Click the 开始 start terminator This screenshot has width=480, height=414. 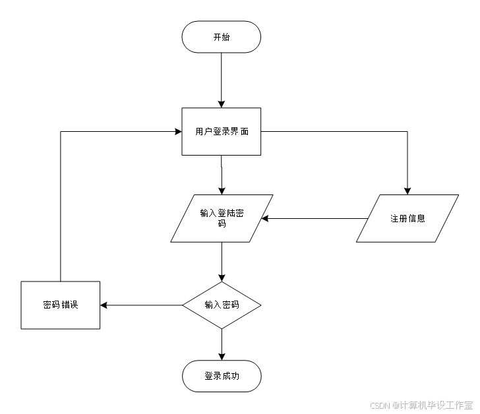pos(222,37)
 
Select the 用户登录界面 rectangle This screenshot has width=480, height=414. pos(222,131)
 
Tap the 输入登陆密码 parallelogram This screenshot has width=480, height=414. pos(222,218)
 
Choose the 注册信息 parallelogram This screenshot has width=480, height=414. pos(407,218)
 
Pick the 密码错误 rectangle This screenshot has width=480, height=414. pos(61,305)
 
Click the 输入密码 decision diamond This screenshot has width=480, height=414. pos(222,305)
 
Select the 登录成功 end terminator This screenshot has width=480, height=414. pos(222,376)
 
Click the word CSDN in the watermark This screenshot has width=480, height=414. pos(379,405)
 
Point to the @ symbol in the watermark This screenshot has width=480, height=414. pos(395,405)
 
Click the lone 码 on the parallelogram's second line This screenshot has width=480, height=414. pos(222,224)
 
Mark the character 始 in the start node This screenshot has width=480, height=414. pos(226,37)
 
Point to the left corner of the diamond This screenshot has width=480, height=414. pos(184,305)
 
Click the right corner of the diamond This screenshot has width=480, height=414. pos(260,305)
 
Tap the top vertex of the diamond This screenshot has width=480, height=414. pos(222,283)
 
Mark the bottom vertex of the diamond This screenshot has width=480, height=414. pos(222,328)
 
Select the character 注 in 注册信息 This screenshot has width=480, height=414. pos(394,218)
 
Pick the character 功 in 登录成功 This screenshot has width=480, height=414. pos(235,376)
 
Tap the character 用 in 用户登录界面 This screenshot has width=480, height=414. pos(200,131)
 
